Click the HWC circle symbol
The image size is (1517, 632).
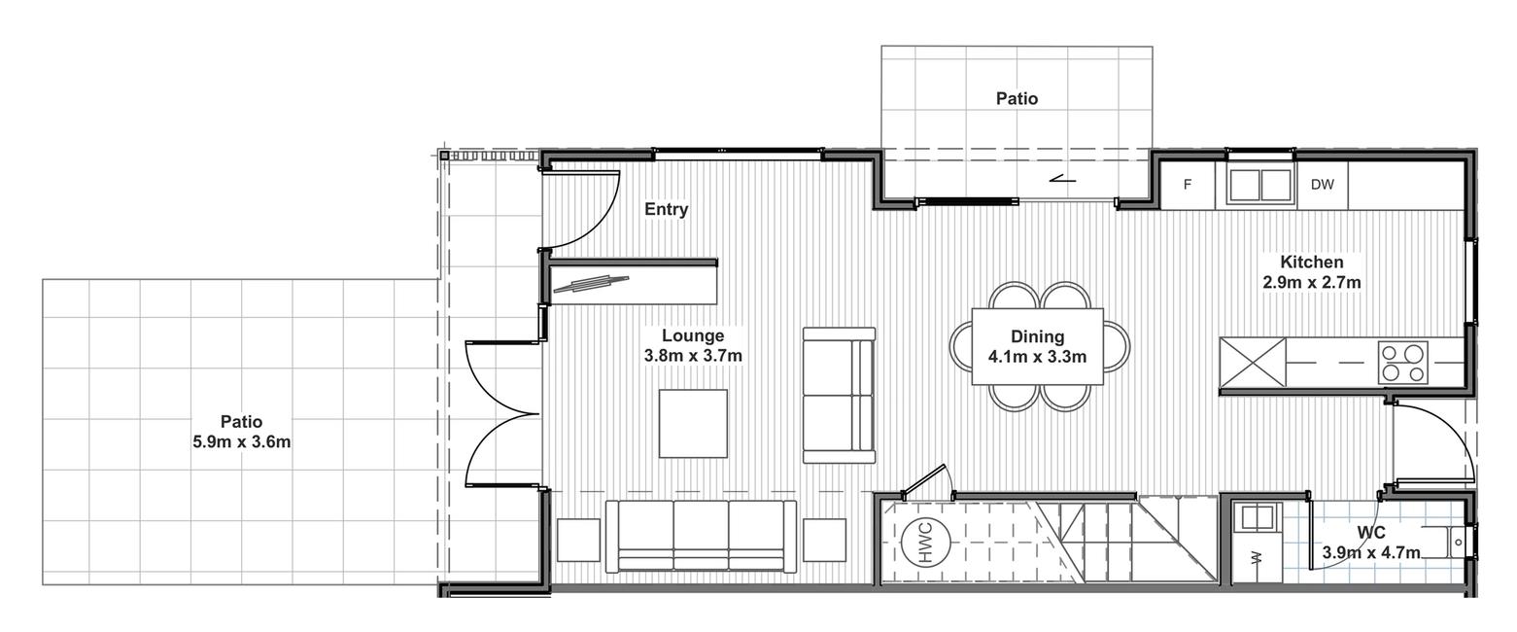[x=926, y=542]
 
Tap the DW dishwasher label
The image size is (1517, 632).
[x=1322, y=184]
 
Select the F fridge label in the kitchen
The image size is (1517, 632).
[x=1188, y=184]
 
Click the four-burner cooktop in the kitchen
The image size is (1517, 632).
[x=1402, y=363]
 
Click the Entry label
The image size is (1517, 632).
[x=667, y=209]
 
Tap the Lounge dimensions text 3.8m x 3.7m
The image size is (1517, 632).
[x=693, y=355]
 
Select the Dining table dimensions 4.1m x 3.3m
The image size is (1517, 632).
[x=1037, y=356]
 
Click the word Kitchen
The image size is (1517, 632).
[x=1312, y=263]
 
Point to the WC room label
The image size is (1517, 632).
[x=1371, y=533]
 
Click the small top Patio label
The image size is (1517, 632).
[x=1017, y=99]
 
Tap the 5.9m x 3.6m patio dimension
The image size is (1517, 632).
[x=242, y=442]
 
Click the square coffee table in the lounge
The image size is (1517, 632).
[x=694, y=423]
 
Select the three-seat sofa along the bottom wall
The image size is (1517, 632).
[x=701, y=537]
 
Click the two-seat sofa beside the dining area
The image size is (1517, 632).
[x=839, y=396]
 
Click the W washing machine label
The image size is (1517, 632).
[x=1258, y=558]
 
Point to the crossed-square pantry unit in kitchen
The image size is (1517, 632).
[x=1253, y=363]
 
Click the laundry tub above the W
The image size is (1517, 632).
[x=1257, y=517]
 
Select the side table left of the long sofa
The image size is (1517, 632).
[x=578, y=540]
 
